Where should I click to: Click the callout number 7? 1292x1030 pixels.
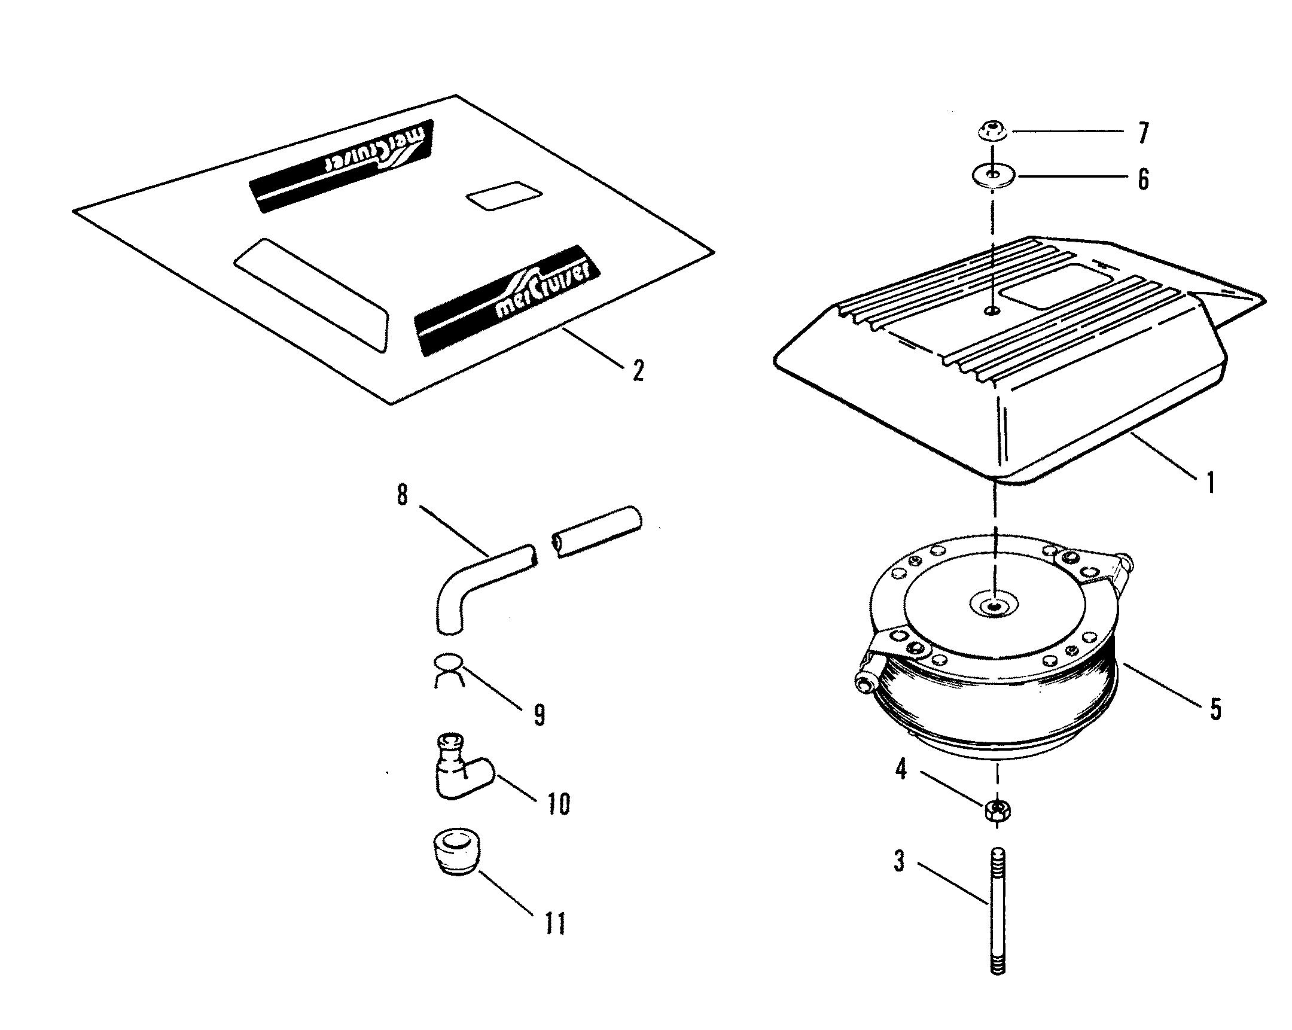1144,132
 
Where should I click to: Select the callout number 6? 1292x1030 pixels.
1144,179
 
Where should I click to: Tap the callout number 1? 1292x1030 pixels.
1210,482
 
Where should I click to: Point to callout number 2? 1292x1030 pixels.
639,370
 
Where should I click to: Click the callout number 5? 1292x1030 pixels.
1215,709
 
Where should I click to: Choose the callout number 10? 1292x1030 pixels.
559,803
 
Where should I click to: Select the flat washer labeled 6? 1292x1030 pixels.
992,176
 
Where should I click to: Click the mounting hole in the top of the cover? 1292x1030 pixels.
992,311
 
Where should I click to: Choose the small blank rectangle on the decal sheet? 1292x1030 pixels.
504,196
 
